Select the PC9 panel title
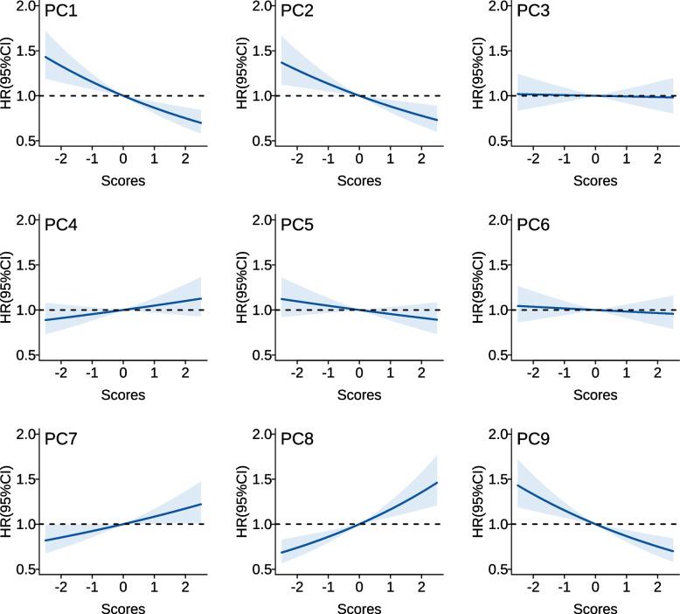pos(532,443)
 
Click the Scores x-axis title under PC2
pos(358,181)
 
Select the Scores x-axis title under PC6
pos(594,395)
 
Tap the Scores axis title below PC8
pos(358,609)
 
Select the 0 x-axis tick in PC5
pos(358,374)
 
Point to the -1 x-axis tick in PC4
pos(92,374)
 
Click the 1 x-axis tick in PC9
pos(626,589)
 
